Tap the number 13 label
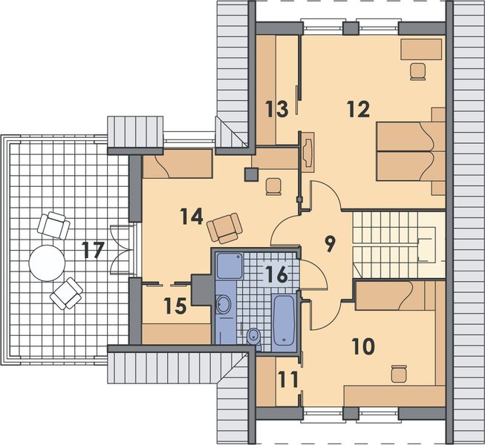coord(276,110)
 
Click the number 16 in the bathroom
coord(276,274)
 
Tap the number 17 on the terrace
coord(93,250)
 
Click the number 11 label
coord(288,379)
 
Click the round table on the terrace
coord(48,261)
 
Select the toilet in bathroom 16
coord(253,336)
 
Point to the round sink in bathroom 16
coord(224,303)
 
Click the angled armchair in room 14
coord(225,228)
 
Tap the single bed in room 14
coord(178,167)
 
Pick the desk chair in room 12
coord(418,72)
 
